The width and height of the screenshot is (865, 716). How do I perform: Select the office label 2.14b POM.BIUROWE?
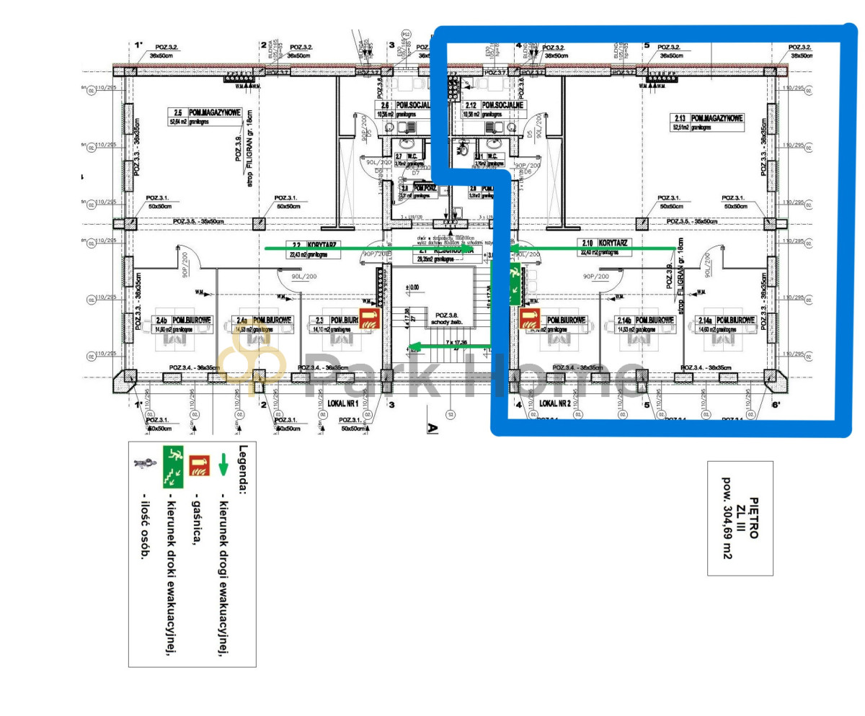[x=643, y=320]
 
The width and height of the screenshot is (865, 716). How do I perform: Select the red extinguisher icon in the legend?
[x=198, y=465]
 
